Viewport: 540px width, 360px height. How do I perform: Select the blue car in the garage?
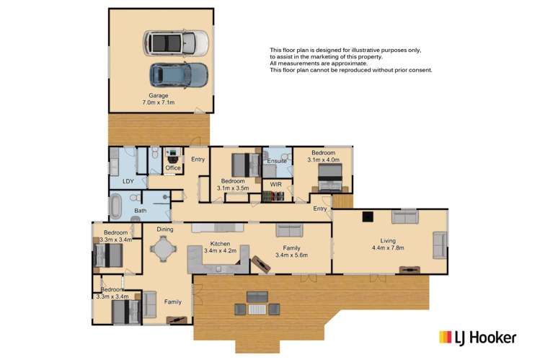(179, 73)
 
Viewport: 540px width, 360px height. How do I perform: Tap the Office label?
(173, 168)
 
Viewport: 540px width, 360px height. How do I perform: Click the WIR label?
(276, 185)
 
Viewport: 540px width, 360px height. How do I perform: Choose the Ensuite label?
(278, 161)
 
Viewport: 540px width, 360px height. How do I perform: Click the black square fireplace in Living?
(368, 214)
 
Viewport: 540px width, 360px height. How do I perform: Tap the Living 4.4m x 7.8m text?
(389, 245)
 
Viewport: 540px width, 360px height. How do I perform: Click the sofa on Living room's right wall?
(438, 245)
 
